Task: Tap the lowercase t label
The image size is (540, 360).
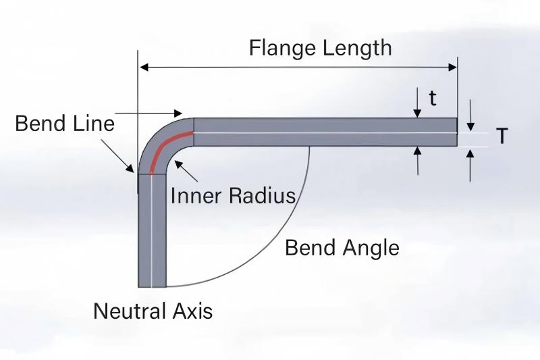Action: (x=433, y=99)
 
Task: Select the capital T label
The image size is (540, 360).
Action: (x=502, y=136)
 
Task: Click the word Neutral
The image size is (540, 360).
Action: (x=126, y=311)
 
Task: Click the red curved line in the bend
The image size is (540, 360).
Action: (x=165, y=145)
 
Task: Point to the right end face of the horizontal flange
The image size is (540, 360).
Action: (x=457, y=132)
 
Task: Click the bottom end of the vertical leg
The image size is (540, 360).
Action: (x=152, y=286)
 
